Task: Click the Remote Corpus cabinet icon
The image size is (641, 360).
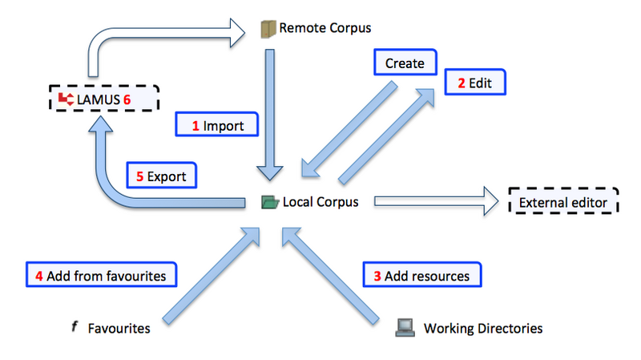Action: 268,30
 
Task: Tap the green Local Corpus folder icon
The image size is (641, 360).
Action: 269,202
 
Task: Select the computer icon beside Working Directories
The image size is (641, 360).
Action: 405,327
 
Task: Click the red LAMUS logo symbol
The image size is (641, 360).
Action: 65,99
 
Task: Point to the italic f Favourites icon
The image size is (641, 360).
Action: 74,326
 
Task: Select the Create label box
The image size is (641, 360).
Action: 405,63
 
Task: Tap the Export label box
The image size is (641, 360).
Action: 163,176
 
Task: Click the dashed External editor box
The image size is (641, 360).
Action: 562,202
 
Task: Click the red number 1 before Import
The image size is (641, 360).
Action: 195,127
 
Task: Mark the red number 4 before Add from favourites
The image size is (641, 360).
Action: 38,275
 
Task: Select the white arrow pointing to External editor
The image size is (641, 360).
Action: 433,202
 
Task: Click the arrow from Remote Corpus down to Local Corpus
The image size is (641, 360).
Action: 269,112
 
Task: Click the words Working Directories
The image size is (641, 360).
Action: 482,328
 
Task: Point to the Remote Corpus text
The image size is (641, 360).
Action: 325,30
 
